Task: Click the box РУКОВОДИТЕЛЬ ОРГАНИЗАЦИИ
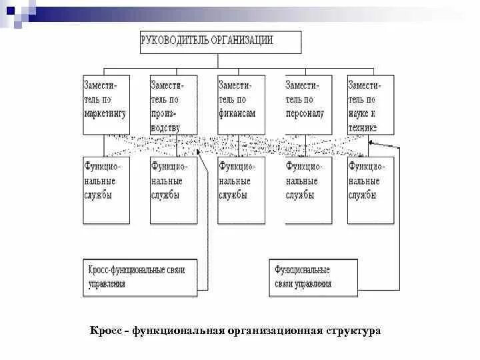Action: [221, 41]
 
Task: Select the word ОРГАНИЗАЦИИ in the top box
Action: [243, 40]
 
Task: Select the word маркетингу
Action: [105, 113]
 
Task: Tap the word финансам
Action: [237, 113]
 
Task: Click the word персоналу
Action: [305, 113]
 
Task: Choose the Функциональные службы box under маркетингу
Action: [106, 190]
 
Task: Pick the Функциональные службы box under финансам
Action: [241, 190]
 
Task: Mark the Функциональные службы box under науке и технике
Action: [370, 190]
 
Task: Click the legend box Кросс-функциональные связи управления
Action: [140, 277]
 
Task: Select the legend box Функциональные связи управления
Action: [313, 277]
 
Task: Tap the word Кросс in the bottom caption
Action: [105, 331]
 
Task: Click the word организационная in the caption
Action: [275, 331]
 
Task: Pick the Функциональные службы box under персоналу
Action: [308, 190]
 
